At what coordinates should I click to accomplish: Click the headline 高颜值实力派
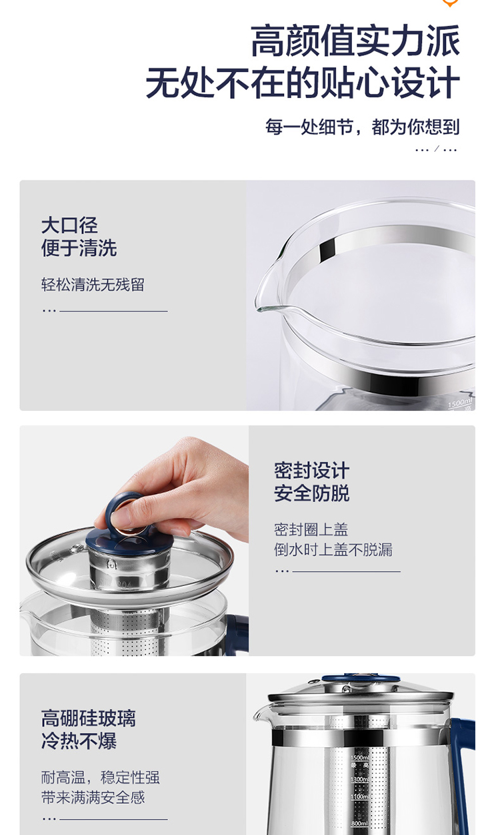pyautogui.click(x=355, y=41)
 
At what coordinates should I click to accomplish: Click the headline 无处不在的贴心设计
pyautogui.click(x=303, y=83)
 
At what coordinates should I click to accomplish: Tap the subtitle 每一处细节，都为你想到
pyautogui.click(x=362, y=127)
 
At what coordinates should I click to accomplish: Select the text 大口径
pyautogui.click(x=69, y=226)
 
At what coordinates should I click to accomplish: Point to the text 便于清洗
pyautogui.click(x=79, y=248)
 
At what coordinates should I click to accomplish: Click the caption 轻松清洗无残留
pyautogui.click(x=93, y=285)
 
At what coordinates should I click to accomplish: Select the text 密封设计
pyautogui.click(x=311, y=470)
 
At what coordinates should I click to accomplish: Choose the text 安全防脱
pyautogui.click(x=311, y=493)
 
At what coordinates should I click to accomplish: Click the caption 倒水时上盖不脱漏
pyautogui.click(x=333, y=549)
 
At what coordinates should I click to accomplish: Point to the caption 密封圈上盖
pyautogui.click(x=311, y=529)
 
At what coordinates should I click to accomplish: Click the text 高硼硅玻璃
pyautogui.click(x=89, y=718)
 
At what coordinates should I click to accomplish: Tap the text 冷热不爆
pyautogui.click(x=79, y=740)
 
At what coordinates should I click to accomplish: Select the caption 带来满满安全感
pyautogui.click(x=93, y=798)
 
